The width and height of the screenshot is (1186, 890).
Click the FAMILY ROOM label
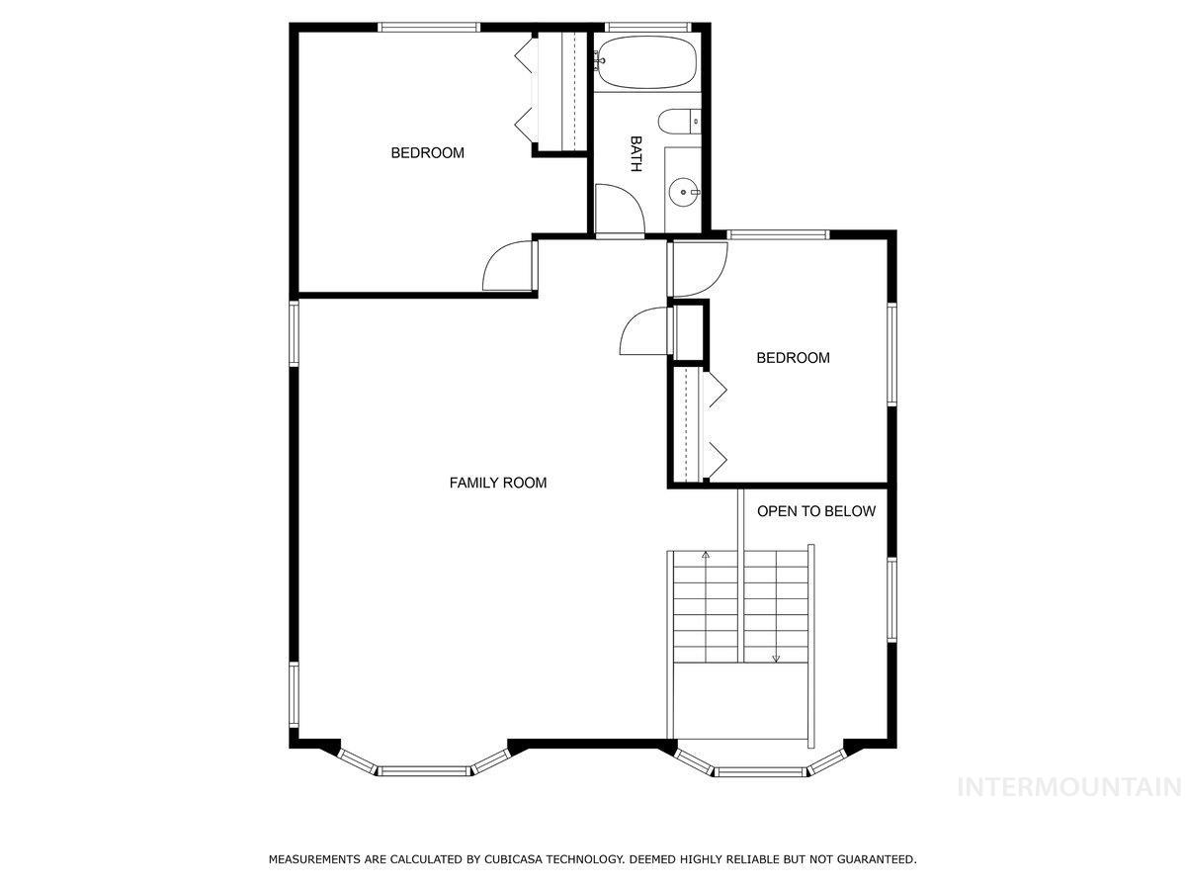click(498, 483)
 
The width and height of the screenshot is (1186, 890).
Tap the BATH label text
click(635, 154)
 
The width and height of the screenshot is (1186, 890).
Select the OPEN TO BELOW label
click(815, 511)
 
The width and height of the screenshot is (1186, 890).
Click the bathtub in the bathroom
click(646, 61)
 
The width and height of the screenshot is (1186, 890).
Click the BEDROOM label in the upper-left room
click(427, 153)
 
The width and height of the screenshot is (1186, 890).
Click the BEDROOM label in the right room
click(793, 358)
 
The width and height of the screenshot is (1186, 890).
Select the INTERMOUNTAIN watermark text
click(1070, 787)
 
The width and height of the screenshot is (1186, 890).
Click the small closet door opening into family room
click(644, 332)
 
